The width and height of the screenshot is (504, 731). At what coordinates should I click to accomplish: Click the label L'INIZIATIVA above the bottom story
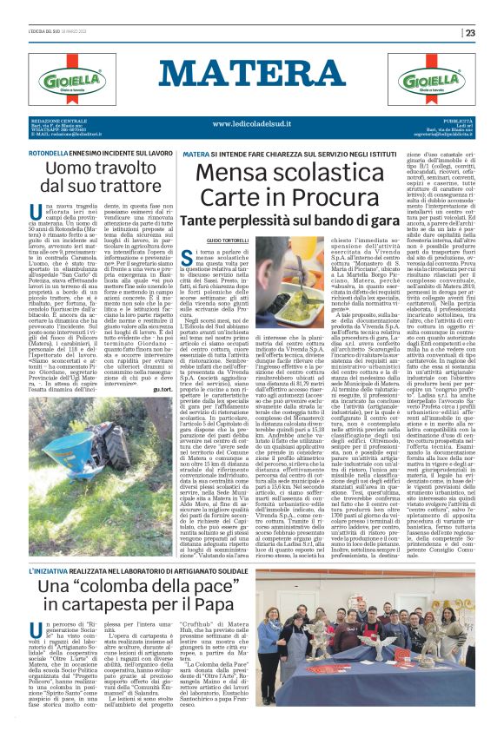point(50,572)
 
